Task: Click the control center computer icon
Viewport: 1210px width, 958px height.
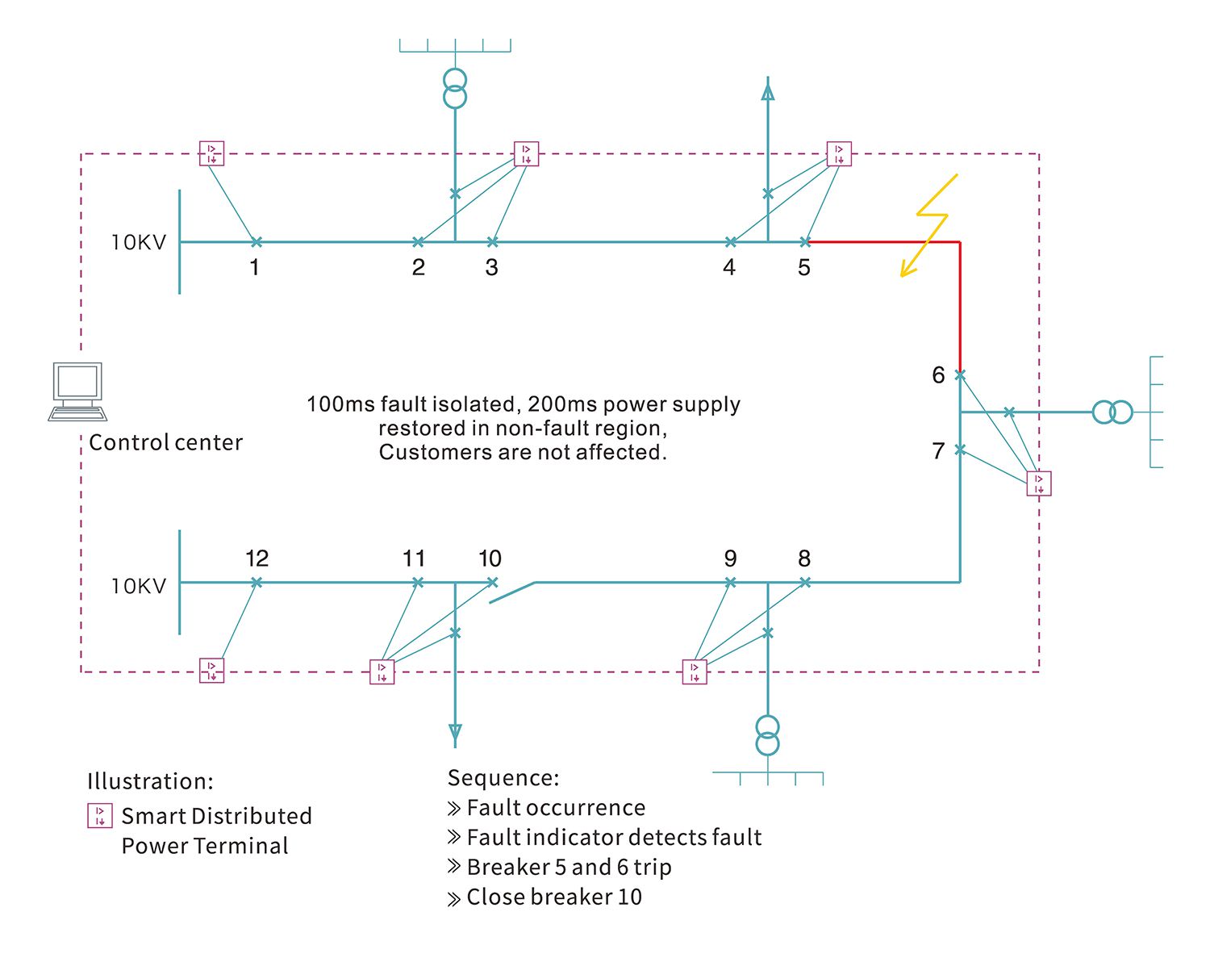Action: (x=77, y=391)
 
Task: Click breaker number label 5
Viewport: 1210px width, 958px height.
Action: (x=804, y=267)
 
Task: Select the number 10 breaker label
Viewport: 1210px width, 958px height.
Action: (x=490, y=558)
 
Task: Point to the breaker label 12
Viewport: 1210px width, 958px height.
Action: (x=257, y=558)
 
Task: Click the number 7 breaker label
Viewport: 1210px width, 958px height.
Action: (x=938, y=451)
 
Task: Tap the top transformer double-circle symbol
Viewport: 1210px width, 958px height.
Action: (x=455, y=88)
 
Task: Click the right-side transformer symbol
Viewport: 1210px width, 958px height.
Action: (x=1112, y=412)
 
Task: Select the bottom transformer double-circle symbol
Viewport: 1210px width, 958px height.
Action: (x=767, y=735)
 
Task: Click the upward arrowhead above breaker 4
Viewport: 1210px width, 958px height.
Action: (x=768, y=90)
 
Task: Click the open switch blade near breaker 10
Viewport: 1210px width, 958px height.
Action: (x=512, y=592)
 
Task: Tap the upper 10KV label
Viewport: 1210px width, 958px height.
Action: (x=139, y=242)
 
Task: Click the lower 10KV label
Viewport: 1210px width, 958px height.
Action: (x=139, y=586)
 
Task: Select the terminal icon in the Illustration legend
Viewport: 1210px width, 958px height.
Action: (x=100, y=816)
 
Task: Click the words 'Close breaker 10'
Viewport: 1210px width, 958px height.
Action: (x=554, y=897)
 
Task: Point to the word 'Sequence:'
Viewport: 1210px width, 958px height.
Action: (x=503, y=778)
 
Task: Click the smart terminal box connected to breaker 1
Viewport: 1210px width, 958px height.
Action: (x=211, y=153)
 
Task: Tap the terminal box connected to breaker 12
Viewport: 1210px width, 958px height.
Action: (x=212, y=671)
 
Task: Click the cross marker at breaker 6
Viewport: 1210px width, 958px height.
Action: (x=961, y=374)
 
